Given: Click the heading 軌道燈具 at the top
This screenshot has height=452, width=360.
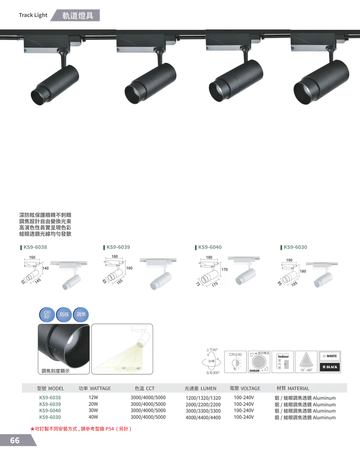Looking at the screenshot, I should pyautogui.click(x=78, y=16).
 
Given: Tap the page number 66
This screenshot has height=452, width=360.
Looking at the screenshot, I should pyautogui.click(x=15, y=441).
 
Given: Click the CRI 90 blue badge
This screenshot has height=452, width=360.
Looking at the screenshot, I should pyautogui.click(x=47, y=315).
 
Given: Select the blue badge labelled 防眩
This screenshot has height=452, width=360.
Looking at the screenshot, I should pyautogui.click(x=64, y=315).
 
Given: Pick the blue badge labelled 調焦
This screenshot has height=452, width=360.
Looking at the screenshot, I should pyautogui.click(x=81, y=315).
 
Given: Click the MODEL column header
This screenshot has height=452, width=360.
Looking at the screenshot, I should pyautogui.click(x=51, y=388).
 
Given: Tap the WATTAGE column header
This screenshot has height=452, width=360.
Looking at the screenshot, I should pyautogui.click(x=95, y=388).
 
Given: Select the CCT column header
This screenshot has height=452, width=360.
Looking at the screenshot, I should pyautogui.click(x=145, y=388).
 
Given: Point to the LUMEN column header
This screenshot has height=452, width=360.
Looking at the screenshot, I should pyautogui.click(x=200, y=388).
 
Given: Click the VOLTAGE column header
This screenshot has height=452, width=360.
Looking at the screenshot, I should pyautogui.click(x=245, y=388).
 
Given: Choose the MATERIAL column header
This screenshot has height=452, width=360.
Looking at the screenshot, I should pyautogui.click(x=293, y=388).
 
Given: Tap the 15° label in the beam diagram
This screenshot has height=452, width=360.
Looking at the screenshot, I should pyautogui.click(x=124, y=368).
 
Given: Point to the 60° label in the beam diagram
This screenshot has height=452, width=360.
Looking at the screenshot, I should pyautogui.click(x=138, y=368).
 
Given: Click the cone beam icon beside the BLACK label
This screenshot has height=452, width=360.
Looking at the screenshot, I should pyautogui.click(x=306, y=362).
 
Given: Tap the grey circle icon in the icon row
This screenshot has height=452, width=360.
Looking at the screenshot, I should pyautogui.click(x=259, y=362).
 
